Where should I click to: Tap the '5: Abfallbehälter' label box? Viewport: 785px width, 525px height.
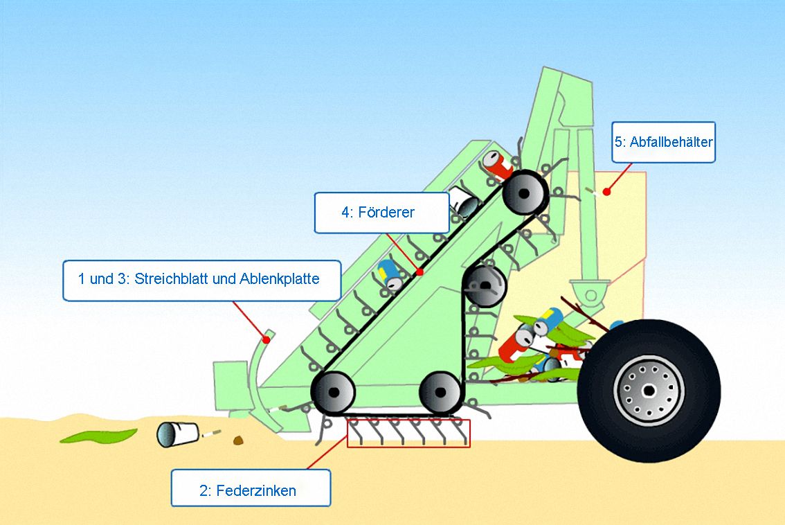[663, 142]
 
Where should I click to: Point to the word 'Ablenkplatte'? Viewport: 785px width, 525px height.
[280, 278]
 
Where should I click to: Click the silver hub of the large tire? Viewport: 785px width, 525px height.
[649, 390]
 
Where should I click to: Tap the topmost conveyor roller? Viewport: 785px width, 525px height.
[525, 193]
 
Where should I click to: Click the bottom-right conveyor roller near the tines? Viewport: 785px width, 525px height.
[440, 392]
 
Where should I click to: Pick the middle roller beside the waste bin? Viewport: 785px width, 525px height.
[485, 286]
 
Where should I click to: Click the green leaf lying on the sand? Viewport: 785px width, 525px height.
[98, 436]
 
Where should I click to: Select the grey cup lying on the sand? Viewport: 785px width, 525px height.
[177, 434]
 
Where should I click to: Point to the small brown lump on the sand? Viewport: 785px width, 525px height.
[238, 441]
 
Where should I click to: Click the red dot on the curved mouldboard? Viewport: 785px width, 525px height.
[267, 339]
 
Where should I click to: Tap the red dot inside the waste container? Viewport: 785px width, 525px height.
[607, 191]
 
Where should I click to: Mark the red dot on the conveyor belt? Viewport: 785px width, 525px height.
[420, 272]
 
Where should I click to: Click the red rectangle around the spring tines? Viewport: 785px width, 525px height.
[408, 433]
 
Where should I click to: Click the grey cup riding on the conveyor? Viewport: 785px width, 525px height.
[464, 202]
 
